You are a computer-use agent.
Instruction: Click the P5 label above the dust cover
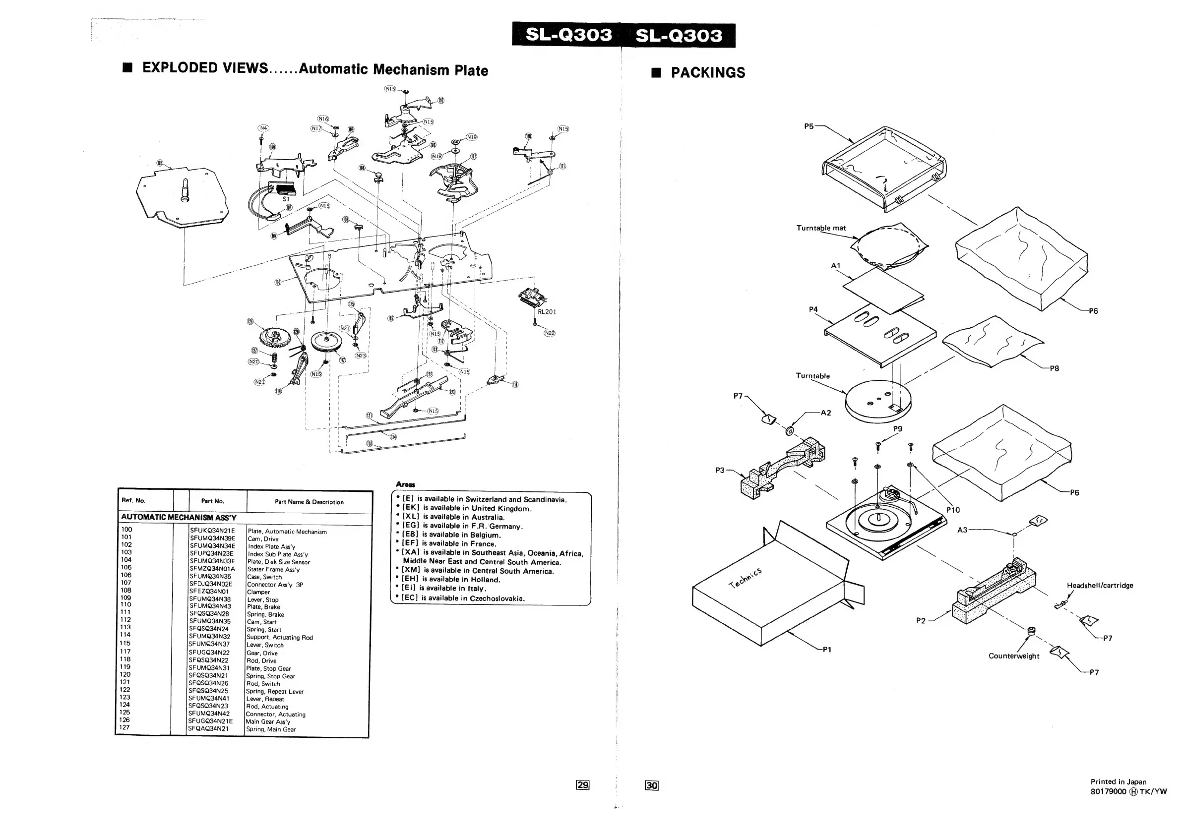click(808, 126)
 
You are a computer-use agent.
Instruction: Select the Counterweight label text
click(1013, 656)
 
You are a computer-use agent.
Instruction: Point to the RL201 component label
click(547, 311)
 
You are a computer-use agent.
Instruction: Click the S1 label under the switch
click(286, 199)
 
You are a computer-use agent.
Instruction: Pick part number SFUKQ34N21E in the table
click(212, 531)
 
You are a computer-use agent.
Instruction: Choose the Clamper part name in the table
click(258, 592)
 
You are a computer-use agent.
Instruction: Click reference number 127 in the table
click(124, 727)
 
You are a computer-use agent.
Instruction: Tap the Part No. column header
click(212, 501)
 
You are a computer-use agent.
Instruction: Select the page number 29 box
click(582, 784)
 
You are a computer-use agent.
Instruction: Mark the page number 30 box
click(652, 785)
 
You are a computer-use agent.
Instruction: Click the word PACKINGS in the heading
click(708, 73)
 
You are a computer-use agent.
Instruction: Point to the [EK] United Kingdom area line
click(466, 508)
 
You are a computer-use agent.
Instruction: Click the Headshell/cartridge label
click(1100, 585)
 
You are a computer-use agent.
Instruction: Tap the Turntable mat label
click(821, 228)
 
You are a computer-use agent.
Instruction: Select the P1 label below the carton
click(826, 650)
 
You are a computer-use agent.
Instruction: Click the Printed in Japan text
click(1118, 781)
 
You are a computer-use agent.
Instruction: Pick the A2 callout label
click(825, 413)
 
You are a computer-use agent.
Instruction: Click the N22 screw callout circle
click(550, 333)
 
